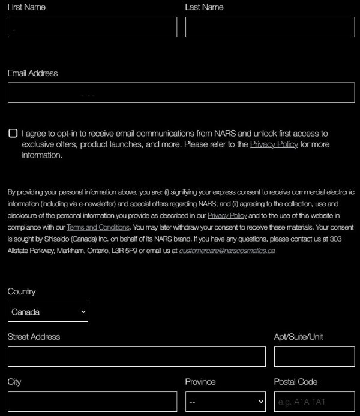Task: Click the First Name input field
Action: [92, 27]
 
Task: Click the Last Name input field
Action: [269, 27]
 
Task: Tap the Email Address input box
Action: [181, 93]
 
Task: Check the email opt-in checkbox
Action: [13, 133]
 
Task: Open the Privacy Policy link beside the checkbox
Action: [274, 144]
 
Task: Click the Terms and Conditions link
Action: [98, 227]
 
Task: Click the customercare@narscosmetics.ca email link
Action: [227, 251]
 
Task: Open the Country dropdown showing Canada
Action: [48, 312]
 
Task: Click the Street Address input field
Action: [136, 357]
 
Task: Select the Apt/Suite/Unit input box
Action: [314, 357]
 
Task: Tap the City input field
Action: [92, 402]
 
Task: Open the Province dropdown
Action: [226, 402]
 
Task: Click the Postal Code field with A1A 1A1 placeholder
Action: [314, 402]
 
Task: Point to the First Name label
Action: [26, 7]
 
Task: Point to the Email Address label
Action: [33, 73]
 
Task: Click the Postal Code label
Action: [296, 382]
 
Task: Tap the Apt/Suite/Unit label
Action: [299, 337]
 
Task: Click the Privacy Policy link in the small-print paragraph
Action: [227, 215]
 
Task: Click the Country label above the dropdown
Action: [22, 291]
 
